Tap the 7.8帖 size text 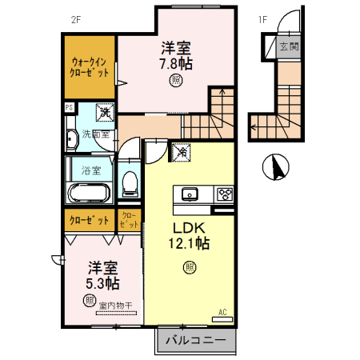(x=176, y=63)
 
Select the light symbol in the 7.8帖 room (x=175, y=80)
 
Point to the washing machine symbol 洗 (x=104, y=113)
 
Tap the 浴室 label (x=90, y=170)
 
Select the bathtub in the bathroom (x=90, y=193)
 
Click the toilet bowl (x=129, y=184)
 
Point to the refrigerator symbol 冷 (x=182, y=150)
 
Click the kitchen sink (x=191, y=194)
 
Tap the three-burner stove (x=223, y=194)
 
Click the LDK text (x=190, y=226)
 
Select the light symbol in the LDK (x=190, y=266)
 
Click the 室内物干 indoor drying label (x=115, y=306)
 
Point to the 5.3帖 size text (x=102, y=283)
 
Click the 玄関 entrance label (x=288, y=47)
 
